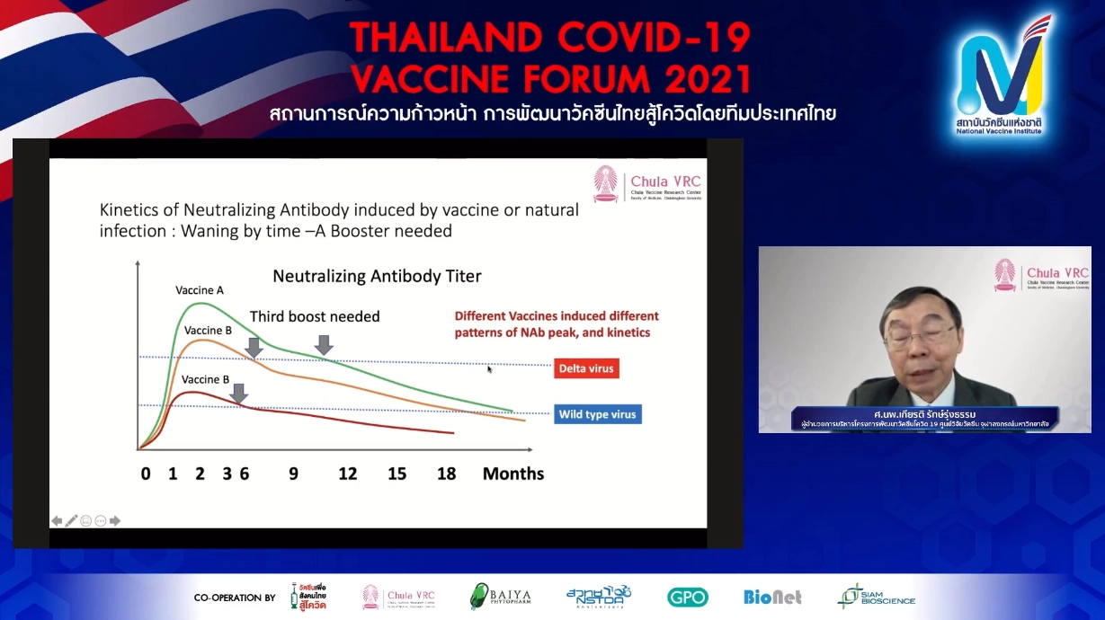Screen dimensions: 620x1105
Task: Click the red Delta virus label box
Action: pos(587,368)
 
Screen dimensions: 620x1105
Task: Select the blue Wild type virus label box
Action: pos(597,414)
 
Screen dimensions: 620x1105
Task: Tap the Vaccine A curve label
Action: pos(200,290)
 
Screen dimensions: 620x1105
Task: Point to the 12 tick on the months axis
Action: pos(347,474)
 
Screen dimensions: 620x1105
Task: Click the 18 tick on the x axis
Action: pos(446,474)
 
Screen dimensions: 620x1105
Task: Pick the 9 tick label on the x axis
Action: pos(293,474)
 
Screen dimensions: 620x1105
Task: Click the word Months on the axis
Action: pos(512,474)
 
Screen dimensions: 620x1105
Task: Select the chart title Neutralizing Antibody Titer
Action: pos(377,276)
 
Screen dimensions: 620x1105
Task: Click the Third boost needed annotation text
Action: pos(315,316)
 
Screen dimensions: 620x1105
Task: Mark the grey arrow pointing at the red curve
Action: pos(238,393)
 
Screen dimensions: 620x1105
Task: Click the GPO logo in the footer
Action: pos(687,597)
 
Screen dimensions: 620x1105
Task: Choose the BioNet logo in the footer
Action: pos(772,597)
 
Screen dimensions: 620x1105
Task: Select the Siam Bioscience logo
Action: pos(876,597)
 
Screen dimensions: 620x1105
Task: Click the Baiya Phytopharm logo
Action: pos(500,597)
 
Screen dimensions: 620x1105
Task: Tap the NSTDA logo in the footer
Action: pos(599,597)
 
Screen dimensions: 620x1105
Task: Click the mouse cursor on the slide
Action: pos(490,368)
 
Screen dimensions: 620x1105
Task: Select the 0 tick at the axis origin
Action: pos(146,474)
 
